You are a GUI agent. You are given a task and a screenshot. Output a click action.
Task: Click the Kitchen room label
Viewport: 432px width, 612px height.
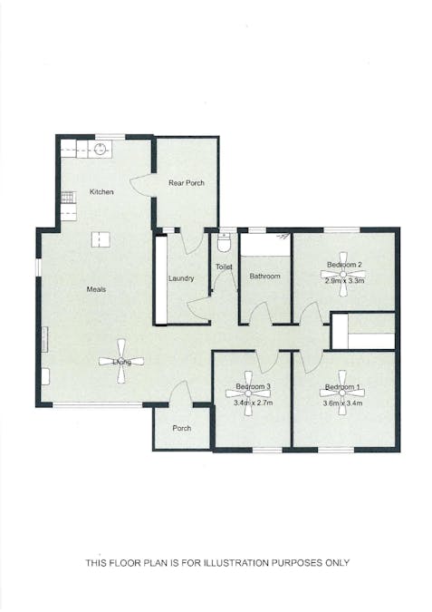[x=101, y=191]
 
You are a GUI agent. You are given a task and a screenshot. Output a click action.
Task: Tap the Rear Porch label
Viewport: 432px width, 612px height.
[x=187, y=183]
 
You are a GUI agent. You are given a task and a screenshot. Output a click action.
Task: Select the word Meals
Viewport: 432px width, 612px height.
[x=96, y=289]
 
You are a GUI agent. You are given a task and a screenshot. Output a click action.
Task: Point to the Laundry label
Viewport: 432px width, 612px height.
[x=181, y=277]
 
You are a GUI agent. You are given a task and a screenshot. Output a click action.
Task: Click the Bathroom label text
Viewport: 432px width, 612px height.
[x=265, y=276]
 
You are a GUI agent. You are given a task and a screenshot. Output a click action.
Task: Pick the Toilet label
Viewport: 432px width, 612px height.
[x=223, y=267]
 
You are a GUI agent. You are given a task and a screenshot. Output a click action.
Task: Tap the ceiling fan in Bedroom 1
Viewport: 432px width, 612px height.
[x=342, y=387]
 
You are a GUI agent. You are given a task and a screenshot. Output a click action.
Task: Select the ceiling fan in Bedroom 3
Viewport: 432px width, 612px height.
[x=251, y=387]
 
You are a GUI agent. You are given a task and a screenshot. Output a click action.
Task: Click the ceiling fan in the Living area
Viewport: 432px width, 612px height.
[x=120, y=362]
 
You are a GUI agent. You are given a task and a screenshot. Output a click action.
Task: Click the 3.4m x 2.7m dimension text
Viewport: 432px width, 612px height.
[x=253, y=403]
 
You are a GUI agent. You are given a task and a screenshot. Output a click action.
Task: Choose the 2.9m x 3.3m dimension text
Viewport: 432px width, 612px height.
[x=344, y=281]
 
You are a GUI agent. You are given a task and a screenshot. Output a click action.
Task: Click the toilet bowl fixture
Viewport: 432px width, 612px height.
[x=225, y=242]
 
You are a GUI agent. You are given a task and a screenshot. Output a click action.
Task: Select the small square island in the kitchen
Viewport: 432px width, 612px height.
[x=99, y=239]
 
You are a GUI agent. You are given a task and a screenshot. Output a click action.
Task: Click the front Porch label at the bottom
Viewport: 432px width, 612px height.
[x=181, y=429]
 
